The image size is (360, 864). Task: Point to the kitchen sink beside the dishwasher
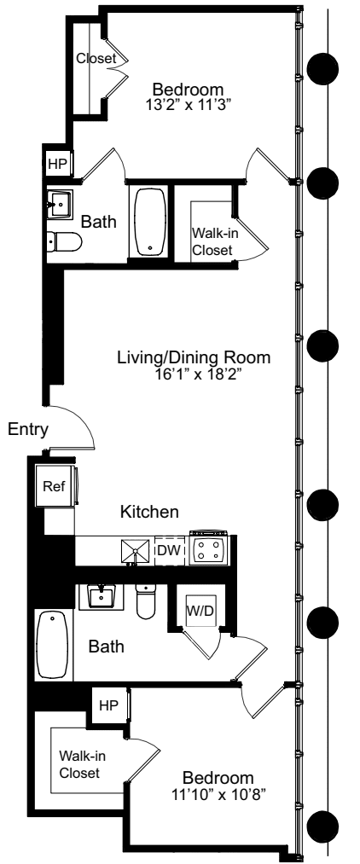[133, 550]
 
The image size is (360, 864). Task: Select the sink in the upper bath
[59, 204]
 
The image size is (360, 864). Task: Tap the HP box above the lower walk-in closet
[107, 706]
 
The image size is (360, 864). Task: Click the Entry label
[28, 432]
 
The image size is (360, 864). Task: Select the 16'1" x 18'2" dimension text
[194, 374]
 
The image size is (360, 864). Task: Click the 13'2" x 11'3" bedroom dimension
[188, 106]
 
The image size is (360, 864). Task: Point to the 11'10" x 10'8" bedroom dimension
[218, 794]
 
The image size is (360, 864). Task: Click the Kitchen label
[148, 512]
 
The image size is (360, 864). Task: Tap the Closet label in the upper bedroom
[95, 59]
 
